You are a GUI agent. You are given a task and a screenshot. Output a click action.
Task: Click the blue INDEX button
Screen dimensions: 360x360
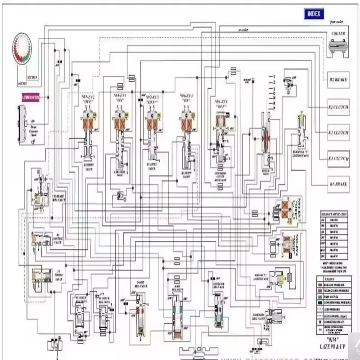click(313, 13)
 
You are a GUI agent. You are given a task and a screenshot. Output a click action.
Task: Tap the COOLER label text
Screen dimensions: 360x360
click(338, 34)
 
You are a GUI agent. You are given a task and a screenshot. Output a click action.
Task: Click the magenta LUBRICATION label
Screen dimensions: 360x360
click(31, 97)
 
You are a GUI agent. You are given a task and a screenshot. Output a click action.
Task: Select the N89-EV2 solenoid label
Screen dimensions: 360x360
click(87, 98)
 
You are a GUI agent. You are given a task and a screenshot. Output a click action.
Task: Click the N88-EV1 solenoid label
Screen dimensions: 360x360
click(119, 98)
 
